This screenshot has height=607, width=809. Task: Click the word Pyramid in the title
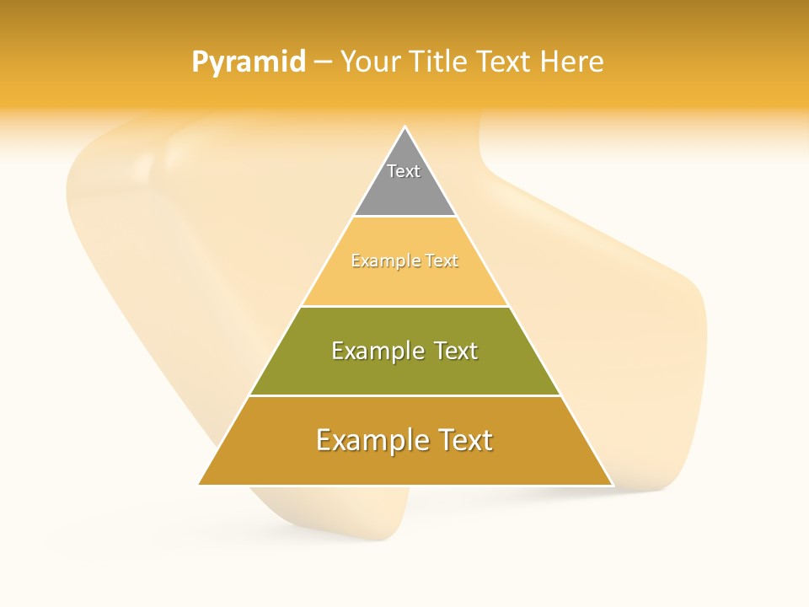point(249,62)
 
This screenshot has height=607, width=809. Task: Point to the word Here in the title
point(571,62)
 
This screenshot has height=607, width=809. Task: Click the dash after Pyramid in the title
point(323,62)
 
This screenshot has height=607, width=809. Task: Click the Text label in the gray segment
point(404,171)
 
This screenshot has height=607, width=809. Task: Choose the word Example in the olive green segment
point(377,351)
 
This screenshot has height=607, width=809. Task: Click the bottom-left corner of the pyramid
point(200,484)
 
